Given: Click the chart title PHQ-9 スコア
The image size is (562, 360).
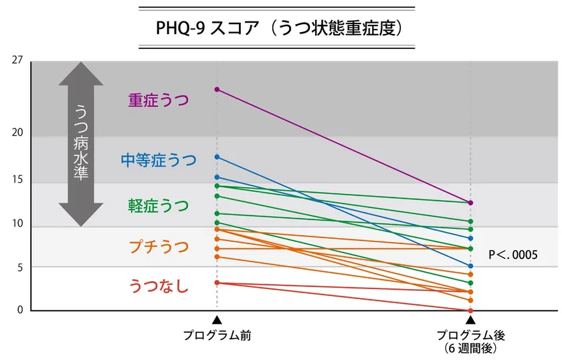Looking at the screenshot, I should (x=276, y=29).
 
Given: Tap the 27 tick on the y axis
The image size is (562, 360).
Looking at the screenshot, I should (x=17, y=60).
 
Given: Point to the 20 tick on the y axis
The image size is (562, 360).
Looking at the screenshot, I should (x=17, y=132).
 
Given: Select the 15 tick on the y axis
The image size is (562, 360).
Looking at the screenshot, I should (x=17, y=180).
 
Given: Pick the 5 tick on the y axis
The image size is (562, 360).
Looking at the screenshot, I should (x=19, y=268).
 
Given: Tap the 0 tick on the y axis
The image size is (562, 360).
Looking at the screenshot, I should (x=20, y=310).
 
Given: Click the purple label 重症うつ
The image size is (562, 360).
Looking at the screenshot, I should (x=159, y=100).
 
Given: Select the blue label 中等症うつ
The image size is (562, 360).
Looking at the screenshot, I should (x=159, y=160).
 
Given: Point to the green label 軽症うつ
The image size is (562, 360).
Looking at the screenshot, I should (x=159, y=205).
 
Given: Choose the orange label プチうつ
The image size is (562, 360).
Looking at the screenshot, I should (x=159, y=247).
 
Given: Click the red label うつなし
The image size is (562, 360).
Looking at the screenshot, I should (x=159, y=287).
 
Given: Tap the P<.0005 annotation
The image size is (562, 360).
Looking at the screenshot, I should (x=514, y=255).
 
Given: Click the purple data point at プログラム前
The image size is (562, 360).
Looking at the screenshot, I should (x=217, y=89).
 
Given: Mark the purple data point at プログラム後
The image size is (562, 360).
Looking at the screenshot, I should (x=470, y=203).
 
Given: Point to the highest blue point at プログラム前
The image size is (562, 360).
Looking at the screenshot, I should (x=217, y=157).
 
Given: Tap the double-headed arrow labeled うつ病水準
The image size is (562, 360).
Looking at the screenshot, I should (x=81, y=144).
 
